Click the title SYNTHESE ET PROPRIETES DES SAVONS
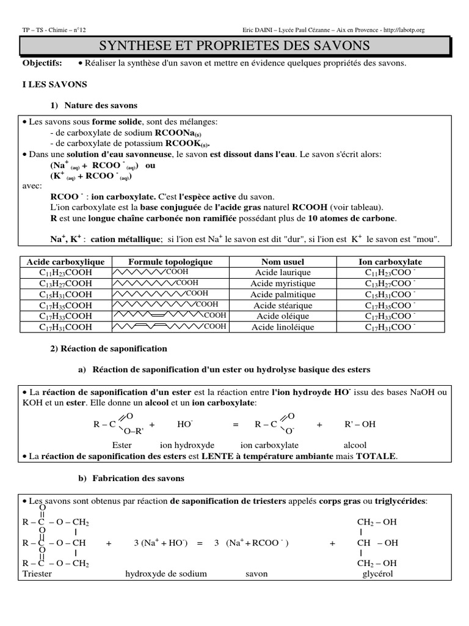234,46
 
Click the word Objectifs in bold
42,64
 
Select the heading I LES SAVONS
55,84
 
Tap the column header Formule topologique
170,262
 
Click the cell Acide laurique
283,273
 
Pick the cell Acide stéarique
283,305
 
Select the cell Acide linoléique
283,327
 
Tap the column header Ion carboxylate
390,262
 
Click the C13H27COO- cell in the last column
390,284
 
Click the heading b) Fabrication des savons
131,478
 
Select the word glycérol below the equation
377,574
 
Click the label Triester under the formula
37,574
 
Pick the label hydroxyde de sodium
166,574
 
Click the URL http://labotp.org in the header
403,29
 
